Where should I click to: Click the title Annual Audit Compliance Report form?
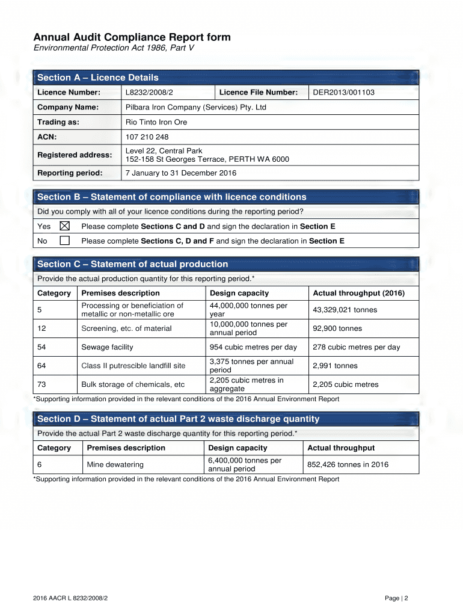(132, 37)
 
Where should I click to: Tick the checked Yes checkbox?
(64, 226)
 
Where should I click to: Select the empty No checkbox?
(64, 241)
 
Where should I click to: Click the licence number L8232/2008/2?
(149, 92)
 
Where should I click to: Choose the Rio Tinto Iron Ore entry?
(156, 122)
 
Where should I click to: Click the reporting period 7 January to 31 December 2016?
(180, 173)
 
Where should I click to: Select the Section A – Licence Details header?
(98, 78)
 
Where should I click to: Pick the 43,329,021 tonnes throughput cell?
(345, 310)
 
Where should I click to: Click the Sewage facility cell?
(107, 347)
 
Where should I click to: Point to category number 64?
(41, 366)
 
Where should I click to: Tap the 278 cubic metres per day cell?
(356, 347)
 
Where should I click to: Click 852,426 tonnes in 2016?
(348, 464)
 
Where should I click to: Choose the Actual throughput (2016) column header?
(358, 293)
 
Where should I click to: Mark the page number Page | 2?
(397, 598)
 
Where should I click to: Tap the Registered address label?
(75, 155)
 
